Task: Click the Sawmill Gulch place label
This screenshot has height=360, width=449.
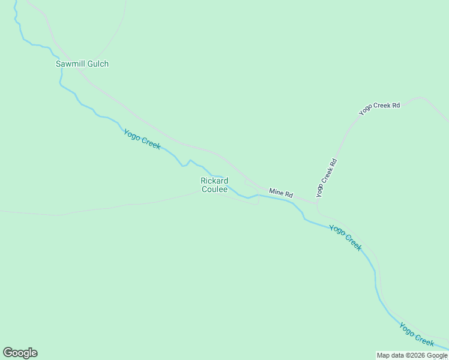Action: (82, 64)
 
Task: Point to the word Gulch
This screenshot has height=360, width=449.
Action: (98, 64)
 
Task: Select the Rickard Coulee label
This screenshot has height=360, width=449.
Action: (214, 185)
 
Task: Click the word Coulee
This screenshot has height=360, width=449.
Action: (214, 189)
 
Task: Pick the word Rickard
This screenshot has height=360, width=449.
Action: (214, 181)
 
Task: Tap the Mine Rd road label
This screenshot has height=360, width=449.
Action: (281, 193)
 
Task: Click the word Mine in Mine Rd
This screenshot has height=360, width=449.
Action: (276, 192)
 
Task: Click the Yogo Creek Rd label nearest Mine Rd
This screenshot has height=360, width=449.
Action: (327, 177)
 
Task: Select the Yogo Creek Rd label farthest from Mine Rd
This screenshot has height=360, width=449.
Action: (379, 109)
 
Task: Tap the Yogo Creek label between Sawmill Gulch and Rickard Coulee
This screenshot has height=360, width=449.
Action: (142, 139)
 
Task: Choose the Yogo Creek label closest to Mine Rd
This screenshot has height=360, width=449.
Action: (346, 237)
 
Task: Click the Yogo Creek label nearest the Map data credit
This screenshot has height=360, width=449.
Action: (417, 334)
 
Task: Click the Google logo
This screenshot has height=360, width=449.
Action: (20, 353)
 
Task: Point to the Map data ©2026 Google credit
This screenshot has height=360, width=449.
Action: (412, 355)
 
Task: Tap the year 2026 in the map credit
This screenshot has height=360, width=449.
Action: (416, 355)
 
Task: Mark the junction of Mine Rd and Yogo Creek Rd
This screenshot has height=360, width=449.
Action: (317, 202)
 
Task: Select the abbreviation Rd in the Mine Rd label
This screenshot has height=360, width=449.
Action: (289, 195)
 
